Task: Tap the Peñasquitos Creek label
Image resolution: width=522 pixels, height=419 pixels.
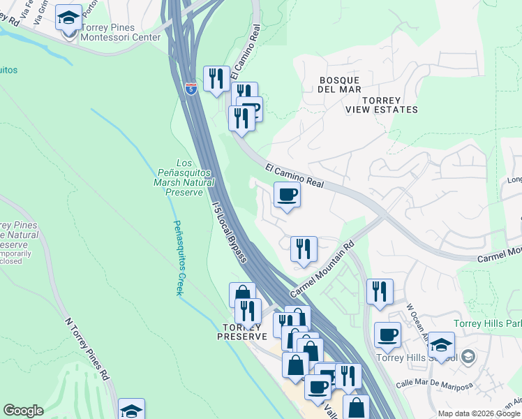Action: (x=179, y=258)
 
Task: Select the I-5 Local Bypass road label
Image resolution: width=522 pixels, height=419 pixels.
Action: (x=229, y=228)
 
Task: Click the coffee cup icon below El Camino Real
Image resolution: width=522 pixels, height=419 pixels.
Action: (x=287, y=195)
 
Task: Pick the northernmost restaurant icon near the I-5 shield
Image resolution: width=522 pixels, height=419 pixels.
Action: (x=216, y=78)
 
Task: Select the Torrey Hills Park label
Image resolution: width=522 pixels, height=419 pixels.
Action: (x=487, y=323)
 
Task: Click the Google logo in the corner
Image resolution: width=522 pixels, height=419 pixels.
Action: (x=24, y=411)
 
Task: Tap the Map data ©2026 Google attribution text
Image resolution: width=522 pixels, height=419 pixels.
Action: (x=479, y=413)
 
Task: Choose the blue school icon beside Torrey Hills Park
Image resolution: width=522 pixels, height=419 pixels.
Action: (x=441, y=345)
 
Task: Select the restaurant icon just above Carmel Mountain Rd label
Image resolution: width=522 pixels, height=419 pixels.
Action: (x=304, y=249)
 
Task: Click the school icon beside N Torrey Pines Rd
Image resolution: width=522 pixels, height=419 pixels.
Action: (x=131, y=411)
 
